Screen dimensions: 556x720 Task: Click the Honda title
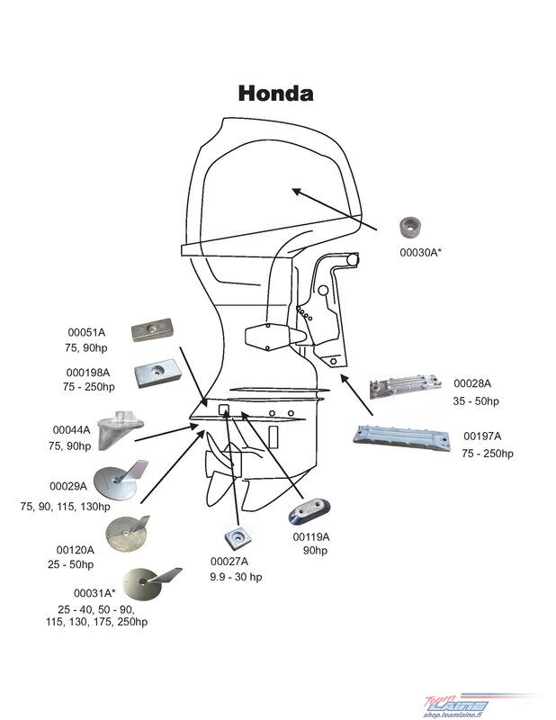[276, 94]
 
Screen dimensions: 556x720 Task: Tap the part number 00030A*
[420, 252]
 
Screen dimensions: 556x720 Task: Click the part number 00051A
[86, 332]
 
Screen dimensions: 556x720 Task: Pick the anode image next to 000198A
[157, 373]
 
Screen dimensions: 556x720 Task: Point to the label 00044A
[71, 430]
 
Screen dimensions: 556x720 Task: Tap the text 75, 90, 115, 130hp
[65, 507]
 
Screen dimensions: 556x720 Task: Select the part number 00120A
[76, 550]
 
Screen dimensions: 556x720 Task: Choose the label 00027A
[229, 561]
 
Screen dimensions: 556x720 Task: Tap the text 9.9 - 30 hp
[236, 577]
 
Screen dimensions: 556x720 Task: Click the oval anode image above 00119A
[309, 511]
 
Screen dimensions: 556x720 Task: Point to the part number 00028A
[472, 383]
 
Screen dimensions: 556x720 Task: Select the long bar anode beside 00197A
[402, 437]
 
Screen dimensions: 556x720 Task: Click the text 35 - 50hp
[476, 400]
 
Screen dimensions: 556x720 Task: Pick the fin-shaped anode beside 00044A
[121, 431]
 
